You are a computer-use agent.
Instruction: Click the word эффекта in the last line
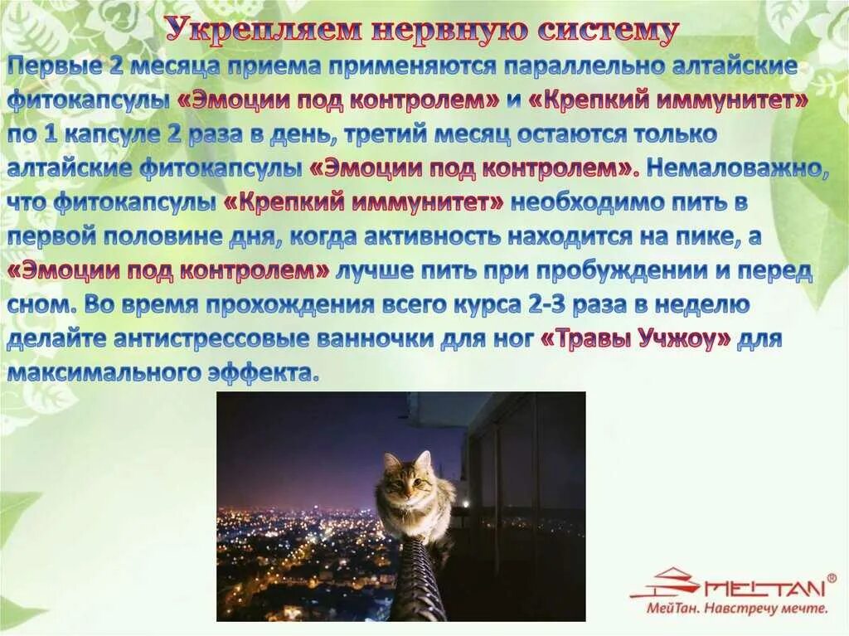pyautogui.click(x=266, y=373)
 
